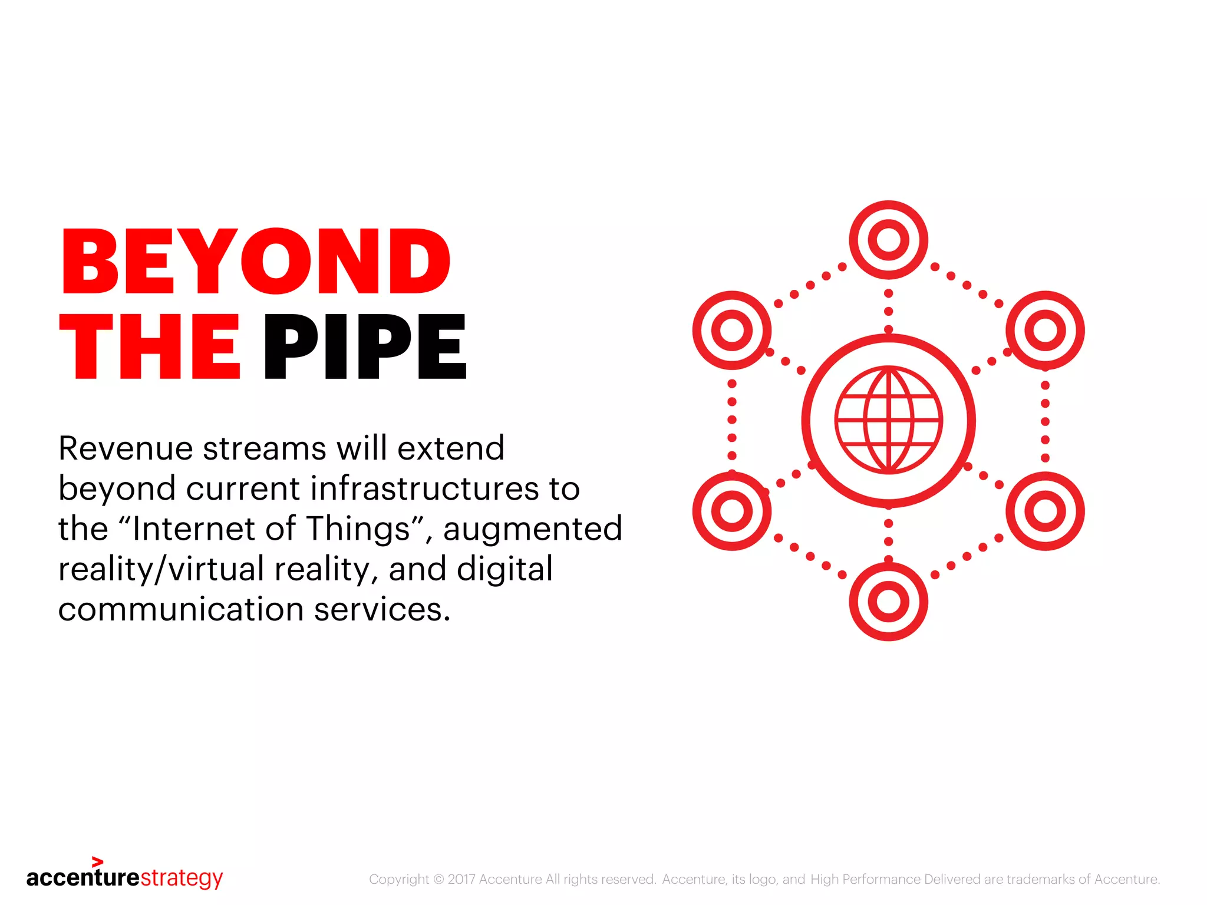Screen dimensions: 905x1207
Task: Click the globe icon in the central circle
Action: (889, 420)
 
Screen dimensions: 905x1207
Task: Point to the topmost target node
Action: (889, 240)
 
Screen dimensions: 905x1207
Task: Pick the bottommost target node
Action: (889, 602)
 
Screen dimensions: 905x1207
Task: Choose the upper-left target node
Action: (732, 330)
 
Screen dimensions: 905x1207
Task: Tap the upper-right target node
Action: (1045, 330)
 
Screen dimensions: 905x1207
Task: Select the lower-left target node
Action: (732, 511)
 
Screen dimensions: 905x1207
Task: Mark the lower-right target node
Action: (1045, 511)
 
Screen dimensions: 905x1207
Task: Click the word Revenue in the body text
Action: (125, 448)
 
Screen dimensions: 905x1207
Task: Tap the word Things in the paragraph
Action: (358, 529)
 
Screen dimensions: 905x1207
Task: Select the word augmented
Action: (533, 529)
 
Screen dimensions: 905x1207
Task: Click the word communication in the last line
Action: (180, 609)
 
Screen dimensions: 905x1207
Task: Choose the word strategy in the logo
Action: (182, 878)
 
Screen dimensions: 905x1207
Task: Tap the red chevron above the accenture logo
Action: (98, 862)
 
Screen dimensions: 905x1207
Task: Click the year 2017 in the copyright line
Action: (461, 880)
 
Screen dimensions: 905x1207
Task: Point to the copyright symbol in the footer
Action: (438, 880)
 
